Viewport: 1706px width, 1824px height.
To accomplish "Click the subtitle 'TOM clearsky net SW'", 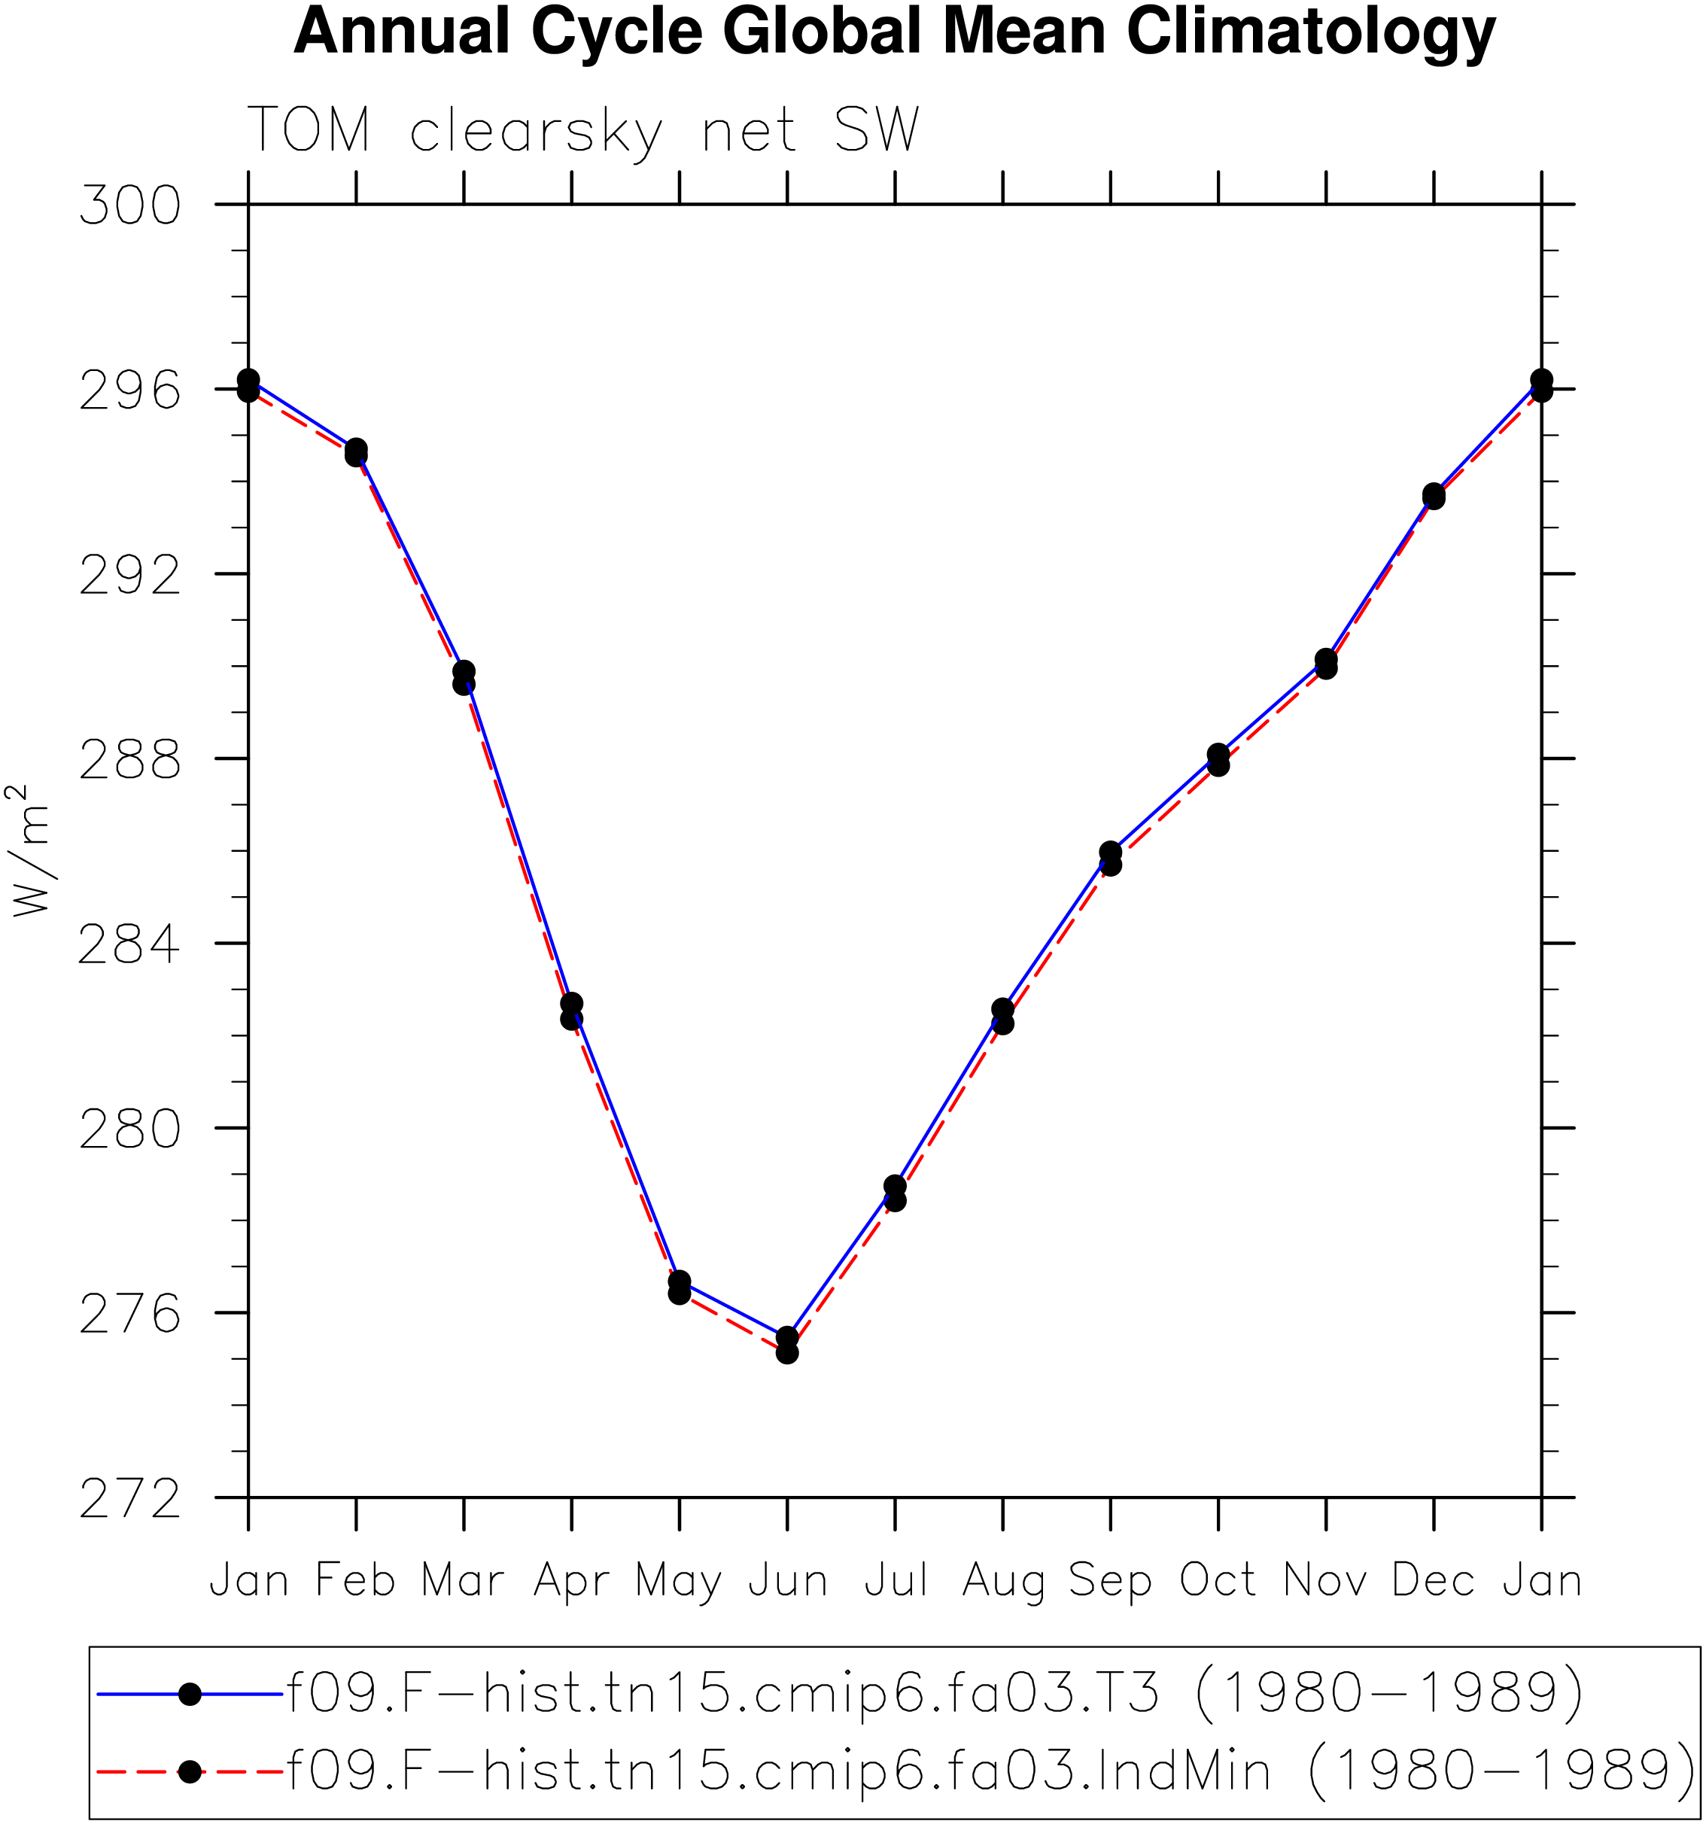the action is point(584,131).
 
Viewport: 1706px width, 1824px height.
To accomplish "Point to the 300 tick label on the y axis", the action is point(130,205).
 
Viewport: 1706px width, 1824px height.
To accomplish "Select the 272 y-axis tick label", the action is point(130,1499).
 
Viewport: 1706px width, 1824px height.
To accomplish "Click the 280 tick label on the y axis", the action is point(130,1129).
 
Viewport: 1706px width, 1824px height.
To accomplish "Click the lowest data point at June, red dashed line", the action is point(787,1353).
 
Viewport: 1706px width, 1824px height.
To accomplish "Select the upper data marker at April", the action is point(572,1003).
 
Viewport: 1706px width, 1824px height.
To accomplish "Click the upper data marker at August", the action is point(1003,1009).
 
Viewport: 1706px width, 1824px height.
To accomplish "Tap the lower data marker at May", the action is point(679,1293).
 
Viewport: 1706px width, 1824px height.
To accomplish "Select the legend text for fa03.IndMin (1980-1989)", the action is point(990,1771).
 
